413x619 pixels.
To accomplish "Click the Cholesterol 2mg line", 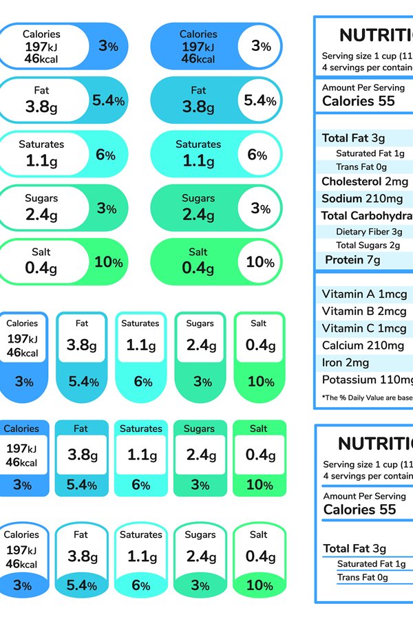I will coord(365,182).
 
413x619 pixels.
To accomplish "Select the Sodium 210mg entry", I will coord(362,199).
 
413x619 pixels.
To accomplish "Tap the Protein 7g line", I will coord(352,260).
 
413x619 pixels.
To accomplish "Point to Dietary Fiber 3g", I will coord(369,232).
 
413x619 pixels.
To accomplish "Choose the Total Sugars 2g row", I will coord(368,245).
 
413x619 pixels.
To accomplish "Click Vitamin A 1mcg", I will coord(364,294).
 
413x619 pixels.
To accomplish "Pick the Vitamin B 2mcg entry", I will coord(364,312).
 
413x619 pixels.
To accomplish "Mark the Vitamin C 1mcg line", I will coord(364,329).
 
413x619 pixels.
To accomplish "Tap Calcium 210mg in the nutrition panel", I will coord(363,346).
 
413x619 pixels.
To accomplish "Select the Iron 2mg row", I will coord(346,363).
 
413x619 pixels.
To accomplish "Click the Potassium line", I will coord(367,380).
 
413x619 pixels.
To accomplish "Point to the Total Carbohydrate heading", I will coord(367,216).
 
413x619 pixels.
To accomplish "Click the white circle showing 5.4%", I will coord(260,101).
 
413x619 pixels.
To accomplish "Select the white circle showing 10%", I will coord(260,262).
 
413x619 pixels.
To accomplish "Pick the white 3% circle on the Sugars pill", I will coord(260,208).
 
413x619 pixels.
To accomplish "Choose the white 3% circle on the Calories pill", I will coord(260,47).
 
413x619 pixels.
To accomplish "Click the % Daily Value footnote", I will coord(367,398).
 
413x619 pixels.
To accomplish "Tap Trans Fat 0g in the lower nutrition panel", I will coord(362,578).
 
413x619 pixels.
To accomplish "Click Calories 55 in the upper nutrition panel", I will coord(359,101).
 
